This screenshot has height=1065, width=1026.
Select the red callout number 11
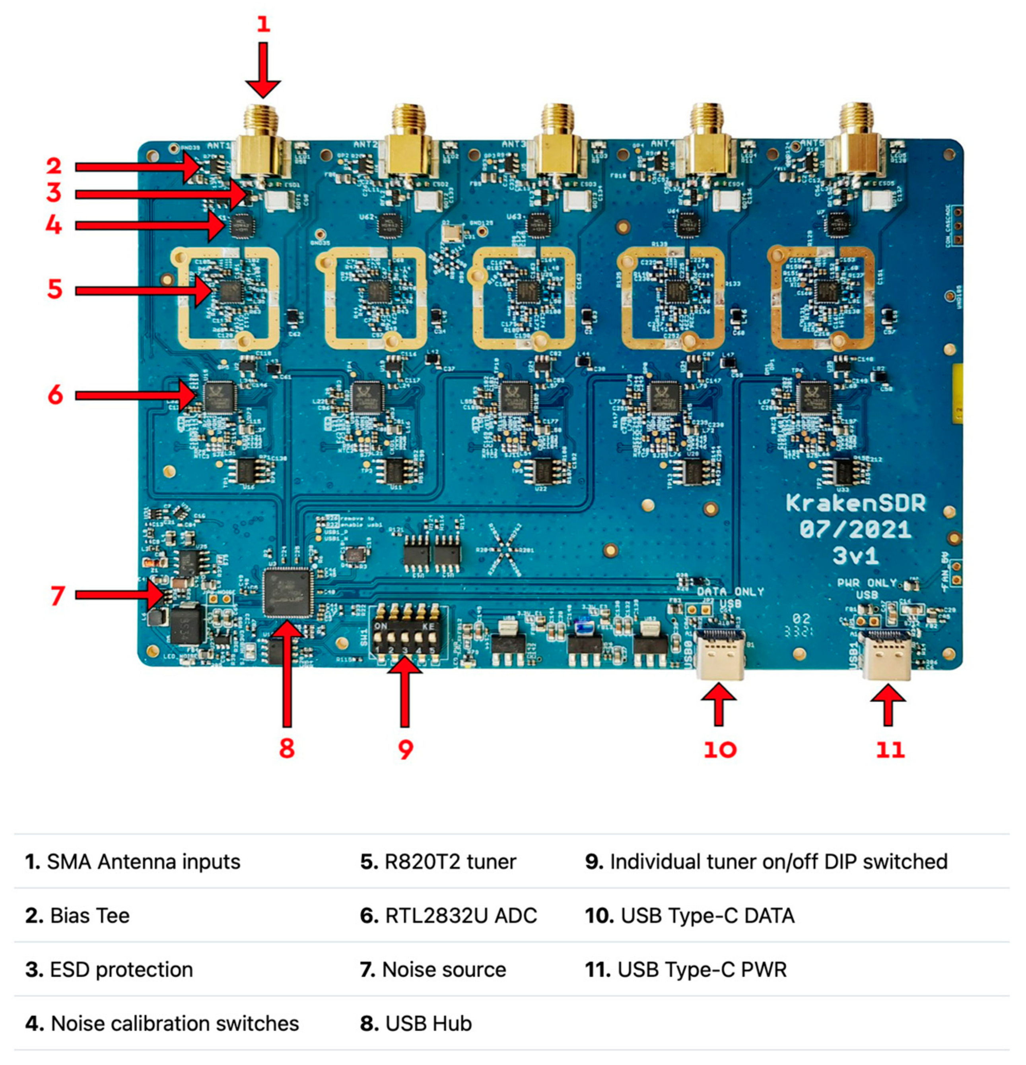(890, 750)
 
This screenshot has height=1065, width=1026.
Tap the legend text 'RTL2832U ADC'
(449, 916)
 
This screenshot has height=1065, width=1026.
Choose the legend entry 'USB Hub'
(416, 1024)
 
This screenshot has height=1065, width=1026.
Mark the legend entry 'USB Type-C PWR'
(686, 969)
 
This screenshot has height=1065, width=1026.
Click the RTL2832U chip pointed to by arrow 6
(220, 397)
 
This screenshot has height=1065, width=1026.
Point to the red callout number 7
(58, 596)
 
